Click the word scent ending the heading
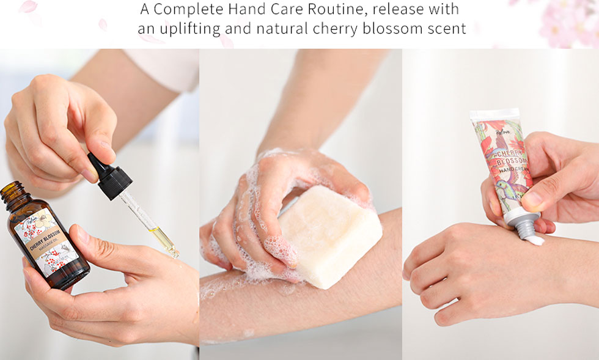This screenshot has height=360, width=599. coord(445,28)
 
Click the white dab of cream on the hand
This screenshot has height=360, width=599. coord(534,240)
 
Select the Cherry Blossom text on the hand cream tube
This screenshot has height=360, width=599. coord(507,159)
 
